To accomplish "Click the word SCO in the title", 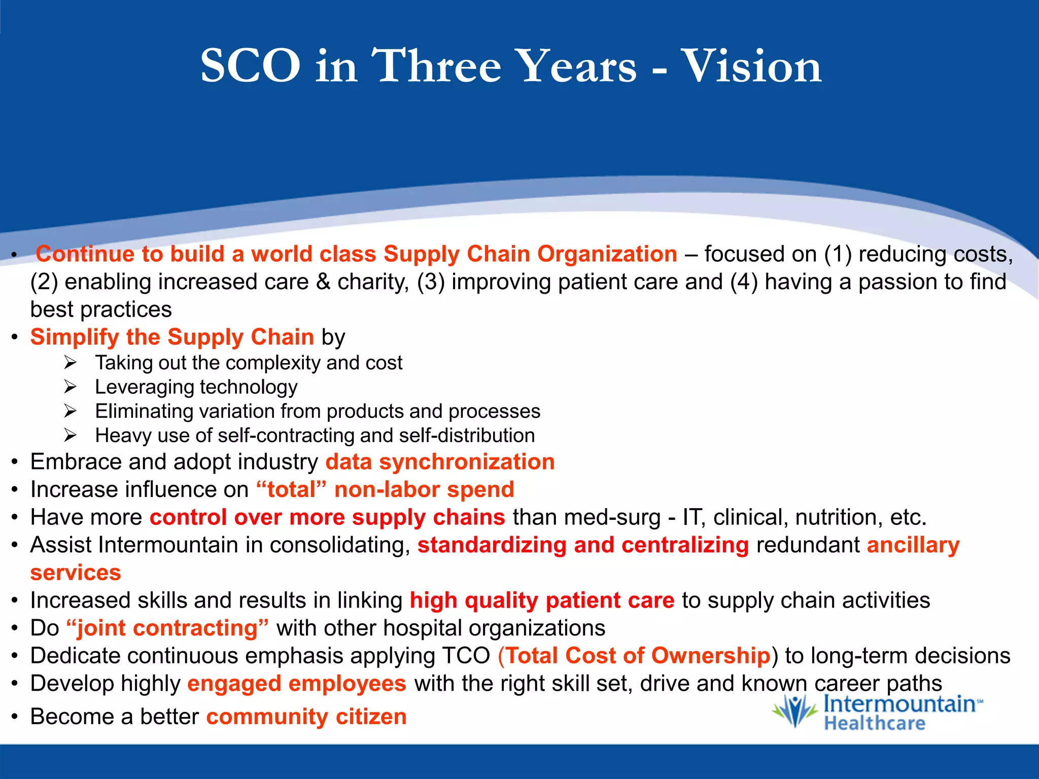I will [250, 66].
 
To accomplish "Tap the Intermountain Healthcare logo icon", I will [794, 711].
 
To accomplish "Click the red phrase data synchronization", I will [440, 462].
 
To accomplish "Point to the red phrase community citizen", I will [306, 717].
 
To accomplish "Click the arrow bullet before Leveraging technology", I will [70, 387].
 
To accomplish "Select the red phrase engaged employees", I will [297, 684].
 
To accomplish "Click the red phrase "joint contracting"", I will [167, 628].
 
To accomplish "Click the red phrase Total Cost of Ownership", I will [638, 656].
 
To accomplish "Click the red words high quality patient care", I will [542, 600].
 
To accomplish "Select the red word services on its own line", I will [76, 573].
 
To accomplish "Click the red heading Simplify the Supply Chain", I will [172, 337].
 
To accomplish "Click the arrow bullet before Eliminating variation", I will [70, 411].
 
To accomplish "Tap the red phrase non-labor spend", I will [424, 490].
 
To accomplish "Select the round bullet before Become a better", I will [15, 717].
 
